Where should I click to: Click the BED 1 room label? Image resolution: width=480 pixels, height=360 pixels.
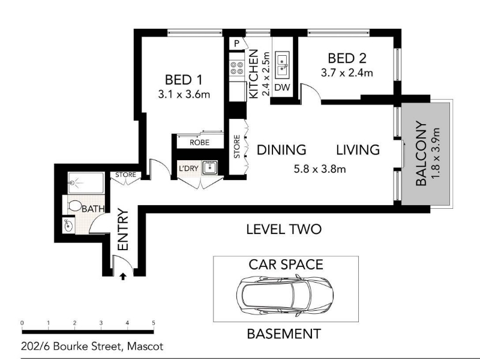pyautogui.click(x=184, y=80)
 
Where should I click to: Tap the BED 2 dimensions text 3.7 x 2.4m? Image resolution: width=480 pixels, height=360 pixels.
pyautogui.click(x=347, y=73)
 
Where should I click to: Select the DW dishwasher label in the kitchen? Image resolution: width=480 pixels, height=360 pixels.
pyautogui.click(x=282, y=88)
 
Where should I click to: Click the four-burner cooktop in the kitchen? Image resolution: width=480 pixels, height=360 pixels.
pyautogui.click(x=237, y=68)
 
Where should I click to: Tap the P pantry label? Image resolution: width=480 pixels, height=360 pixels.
pyautogui.click(x=236, y=44)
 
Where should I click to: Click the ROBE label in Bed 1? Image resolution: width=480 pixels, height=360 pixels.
pyautogui.click(x=200, y=143)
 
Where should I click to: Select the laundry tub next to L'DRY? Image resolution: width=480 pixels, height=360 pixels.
pyautogui.click(x=209, y=168)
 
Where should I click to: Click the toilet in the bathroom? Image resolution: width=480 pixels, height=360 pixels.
pyautogui.click(x=73, y=206)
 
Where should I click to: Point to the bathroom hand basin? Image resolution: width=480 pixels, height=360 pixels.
pyautogui.click(x=68, y=226)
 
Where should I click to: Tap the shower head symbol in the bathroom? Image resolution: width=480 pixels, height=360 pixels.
pyautogui.click(x=73, y=183)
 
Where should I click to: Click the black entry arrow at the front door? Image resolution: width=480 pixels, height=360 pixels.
pyautogui.click(x=123, y=277)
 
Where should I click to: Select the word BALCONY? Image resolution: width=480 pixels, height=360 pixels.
pyautogui.click(x=421, y=154)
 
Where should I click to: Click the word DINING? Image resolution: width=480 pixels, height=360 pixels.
pyautogui.click(x=281, y=150)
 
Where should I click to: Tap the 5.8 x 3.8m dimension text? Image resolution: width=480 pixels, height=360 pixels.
pyautogui.click(x=320, y=169)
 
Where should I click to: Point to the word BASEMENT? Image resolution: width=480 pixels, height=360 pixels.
pyautogui.click(x=284, y=334)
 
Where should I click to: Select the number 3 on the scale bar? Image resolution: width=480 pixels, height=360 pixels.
pyautogui.click(x=101, y=323)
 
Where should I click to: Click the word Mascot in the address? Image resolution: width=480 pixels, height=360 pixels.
pyautogui.click(x=145, y=347)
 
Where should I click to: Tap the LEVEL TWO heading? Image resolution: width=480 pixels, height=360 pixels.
pyautogui.click(x=284, y=229)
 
